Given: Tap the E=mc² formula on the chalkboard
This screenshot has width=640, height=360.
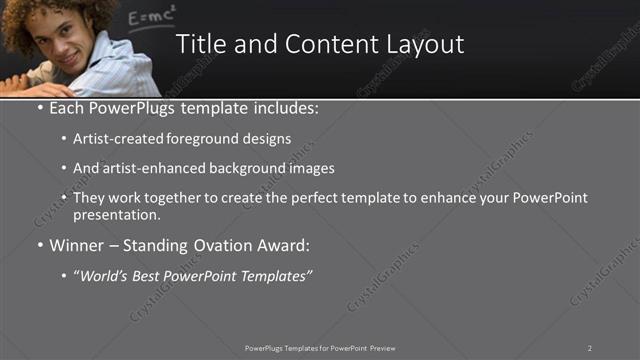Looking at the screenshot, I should (153, 17).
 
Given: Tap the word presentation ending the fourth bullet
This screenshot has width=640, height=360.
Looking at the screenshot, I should (116, 214).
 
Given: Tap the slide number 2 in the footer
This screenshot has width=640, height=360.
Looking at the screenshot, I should (590, 348).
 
